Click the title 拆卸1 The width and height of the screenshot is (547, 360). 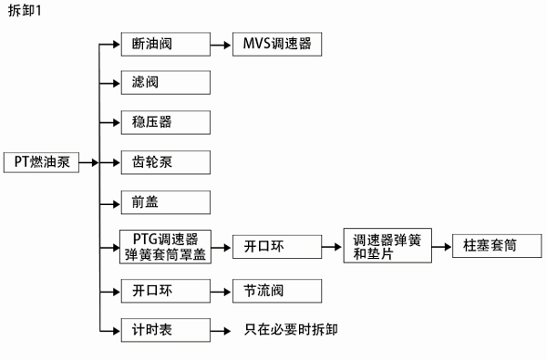pos(25,10)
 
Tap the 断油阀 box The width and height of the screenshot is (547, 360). pos(166,44)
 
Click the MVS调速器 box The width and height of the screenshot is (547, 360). pos(277,44)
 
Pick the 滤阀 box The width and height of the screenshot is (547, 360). pos(166,83)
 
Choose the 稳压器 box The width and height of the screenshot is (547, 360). pos(166,122)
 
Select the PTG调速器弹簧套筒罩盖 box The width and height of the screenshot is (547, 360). pos(166,246)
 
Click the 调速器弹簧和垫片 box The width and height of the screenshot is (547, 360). pos(387,246)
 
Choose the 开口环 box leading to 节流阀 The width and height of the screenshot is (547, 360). pos(166,291)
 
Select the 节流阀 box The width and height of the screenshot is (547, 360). pos(277,291)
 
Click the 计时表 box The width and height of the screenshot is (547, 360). pos(166,329)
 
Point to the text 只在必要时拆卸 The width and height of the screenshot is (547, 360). pos(292,329)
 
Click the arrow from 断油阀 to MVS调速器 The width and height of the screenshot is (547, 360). pos(222,44)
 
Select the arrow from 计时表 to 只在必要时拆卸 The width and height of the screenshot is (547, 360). pos(222,329)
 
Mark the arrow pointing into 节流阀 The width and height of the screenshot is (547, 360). pos(222,291)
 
